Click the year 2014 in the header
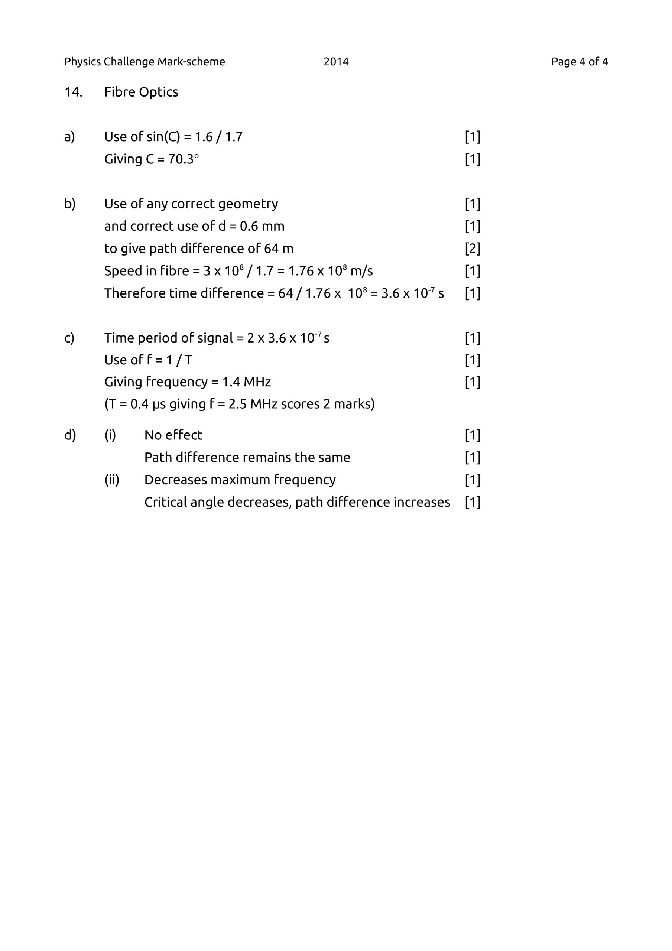[336, 62]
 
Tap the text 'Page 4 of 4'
[579, 62]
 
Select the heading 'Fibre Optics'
[141, 92]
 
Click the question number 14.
[73, 92]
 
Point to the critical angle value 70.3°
[184, 159]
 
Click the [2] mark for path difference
[472, 249]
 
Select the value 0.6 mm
[262, 226]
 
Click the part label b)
[69, 204]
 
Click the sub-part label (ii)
[111, 480]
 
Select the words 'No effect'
[173, 435]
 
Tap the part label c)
[69, 338]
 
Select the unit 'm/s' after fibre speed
[361, 271]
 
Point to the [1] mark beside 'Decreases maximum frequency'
[472, 480]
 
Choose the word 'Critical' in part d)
[164, 502]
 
